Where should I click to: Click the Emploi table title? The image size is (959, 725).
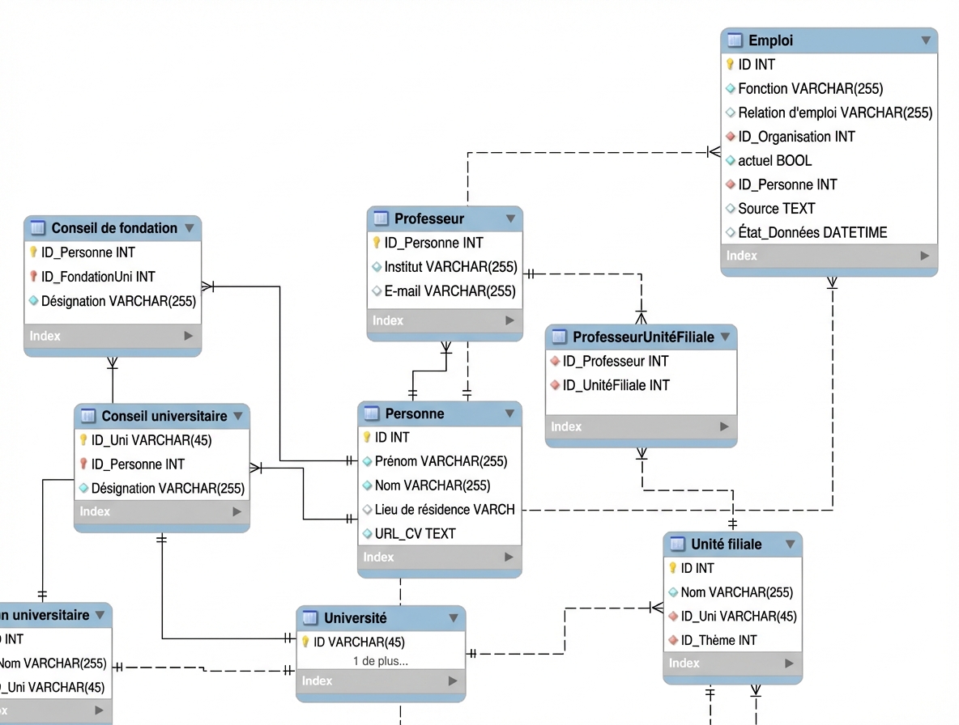(x=770, y=40)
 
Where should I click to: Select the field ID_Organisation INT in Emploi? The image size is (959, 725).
(x=796, y=137)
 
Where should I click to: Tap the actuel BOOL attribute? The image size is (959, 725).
(x=774, y=160)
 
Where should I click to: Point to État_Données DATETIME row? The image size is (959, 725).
(x=812, y=232)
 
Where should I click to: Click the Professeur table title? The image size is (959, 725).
(x=429, y=218)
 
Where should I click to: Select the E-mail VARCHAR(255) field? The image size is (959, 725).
(x=450, y=290)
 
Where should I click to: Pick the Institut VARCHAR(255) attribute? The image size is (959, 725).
(x=450, y=266)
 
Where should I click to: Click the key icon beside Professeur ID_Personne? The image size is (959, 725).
(x=377, y=243)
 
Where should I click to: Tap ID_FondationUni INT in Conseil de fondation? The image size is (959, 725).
(x=98, y=277)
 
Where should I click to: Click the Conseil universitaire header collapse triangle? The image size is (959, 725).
(x=238, y=416)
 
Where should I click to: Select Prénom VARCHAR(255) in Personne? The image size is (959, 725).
(x=441, y=461)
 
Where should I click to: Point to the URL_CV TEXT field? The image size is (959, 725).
(x=415, y=533)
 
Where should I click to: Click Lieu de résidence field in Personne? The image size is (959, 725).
(x=445, y=510)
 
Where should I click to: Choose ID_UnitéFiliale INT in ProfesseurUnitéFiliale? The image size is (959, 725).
(x=616, y=385)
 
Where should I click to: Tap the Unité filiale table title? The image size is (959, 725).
(x=726, y=545)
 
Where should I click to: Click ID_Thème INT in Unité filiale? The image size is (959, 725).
(x=718, y=640)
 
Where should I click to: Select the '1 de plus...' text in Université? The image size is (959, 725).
(x=381, y=661)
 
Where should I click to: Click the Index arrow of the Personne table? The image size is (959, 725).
(x=509, y=557)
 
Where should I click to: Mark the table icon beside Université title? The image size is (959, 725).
(x=310, y=618)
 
